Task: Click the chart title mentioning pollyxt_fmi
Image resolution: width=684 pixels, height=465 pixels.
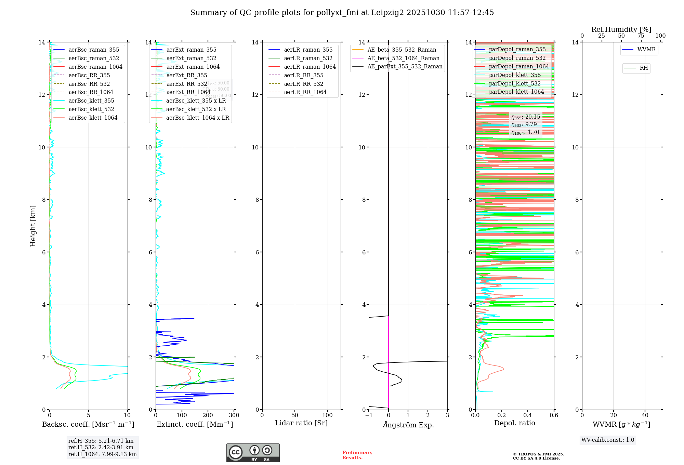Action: tap(342, 13)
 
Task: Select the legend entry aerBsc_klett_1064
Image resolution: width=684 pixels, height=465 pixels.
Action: tap(93, 118)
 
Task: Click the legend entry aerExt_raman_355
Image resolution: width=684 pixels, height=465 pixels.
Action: tap(191, 50)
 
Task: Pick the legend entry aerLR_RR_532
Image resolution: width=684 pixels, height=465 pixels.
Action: tap(303, 84)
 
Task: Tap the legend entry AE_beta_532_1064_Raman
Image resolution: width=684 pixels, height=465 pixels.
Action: tap(403, 58)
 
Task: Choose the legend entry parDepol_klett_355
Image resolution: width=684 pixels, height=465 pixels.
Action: tap(515, 75)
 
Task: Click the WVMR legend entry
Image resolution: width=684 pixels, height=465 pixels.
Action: tap(646, 50)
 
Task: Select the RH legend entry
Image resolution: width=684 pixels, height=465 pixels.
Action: tap(644, 68)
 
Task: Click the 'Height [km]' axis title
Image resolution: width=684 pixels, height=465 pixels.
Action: tap(33, 226)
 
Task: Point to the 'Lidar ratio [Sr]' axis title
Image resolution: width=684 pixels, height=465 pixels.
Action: tap(301, 423)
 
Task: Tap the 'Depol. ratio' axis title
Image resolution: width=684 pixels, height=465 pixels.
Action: tap(515, 423)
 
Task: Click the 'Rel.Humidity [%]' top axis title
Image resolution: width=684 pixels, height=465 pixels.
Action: tap(621, 29)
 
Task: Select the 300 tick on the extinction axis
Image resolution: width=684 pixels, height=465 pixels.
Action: tap(234, 415)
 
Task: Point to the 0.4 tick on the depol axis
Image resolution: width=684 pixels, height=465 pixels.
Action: tap(528, 415)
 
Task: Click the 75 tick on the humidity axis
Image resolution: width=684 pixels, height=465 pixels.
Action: tap(641, 36)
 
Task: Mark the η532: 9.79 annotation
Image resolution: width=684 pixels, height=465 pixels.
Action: tap(524, 124)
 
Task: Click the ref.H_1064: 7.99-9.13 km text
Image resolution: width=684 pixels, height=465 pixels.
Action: tap(103, 454)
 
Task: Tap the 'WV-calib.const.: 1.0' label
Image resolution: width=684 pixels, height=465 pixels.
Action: tap(608, 440)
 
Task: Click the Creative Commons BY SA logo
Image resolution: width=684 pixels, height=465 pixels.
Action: tap(253, 453)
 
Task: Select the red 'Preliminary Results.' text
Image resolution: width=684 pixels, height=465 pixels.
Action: tap(357, 455)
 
